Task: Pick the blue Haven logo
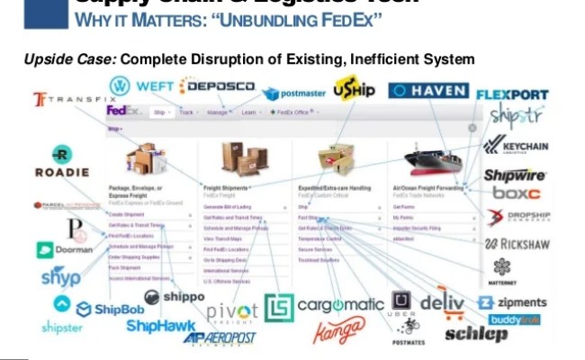[x=428, y=91]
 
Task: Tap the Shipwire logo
[x=515, y=175]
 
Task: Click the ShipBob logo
[x=102, y=309]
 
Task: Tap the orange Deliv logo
[x=442, y=301]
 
